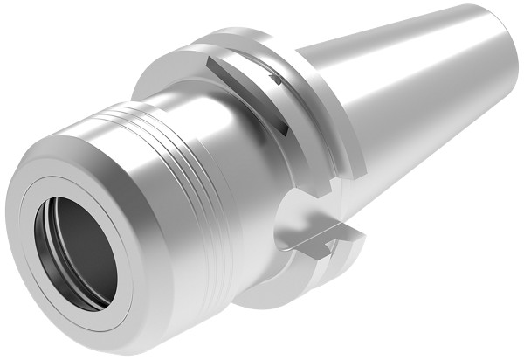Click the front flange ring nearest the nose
click(x=175, y=66)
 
